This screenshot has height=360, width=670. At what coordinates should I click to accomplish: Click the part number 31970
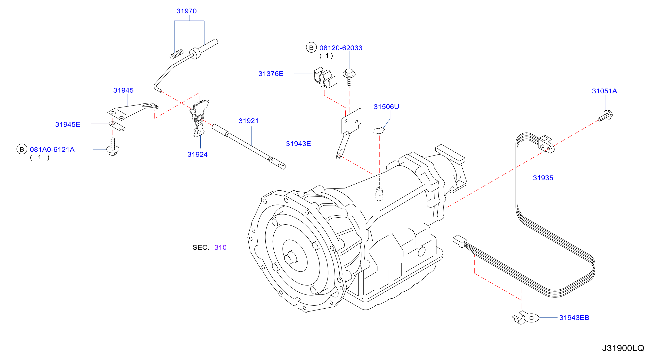tap(187, 11)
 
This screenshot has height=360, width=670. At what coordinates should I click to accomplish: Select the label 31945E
tap(68, 124)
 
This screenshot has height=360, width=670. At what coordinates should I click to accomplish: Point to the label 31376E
tap(271, 74)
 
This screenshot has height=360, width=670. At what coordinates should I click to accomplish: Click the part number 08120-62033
tap(341, 48)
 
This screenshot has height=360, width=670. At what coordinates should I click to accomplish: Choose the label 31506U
tap(386, 107)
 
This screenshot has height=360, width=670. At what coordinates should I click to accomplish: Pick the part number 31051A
tap(605, 91)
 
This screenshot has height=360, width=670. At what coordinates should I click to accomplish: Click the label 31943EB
tap(574, 318)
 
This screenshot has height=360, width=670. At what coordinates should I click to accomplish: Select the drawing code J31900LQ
tap(623, 348)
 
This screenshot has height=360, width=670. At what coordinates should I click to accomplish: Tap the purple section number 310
tap(220, 247)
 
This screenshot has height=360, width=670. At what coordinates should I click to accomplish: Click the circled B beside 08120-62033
tap(311, 48)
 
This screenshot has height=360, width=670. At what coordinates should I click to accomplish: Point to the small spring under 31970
tap(177, 54)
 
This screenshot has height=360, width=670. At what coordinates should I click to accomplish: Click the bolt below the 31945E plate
tap(113, 147)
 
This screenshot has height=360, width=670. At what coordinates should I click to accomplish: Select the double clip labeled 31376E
tap(325, 78)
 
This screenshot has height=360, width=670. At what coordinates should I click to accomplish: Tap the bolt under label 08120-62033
tap(349, 77)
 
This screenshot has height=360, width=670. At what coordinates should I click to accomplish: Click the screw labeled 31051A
tap(605, 116)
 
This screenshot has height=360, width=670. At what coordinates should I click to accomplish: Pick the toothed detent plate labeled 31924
tap(199, 118)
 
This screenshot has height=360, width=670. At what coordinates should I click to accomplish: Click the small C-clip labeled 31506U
tap(379, 130)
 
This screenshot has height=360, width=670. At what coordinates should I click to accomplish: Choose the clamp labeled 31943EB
tap(525, 318)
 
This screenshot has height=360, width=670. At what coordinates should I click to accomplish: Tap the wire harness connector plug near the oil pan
tap(460, 241)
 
